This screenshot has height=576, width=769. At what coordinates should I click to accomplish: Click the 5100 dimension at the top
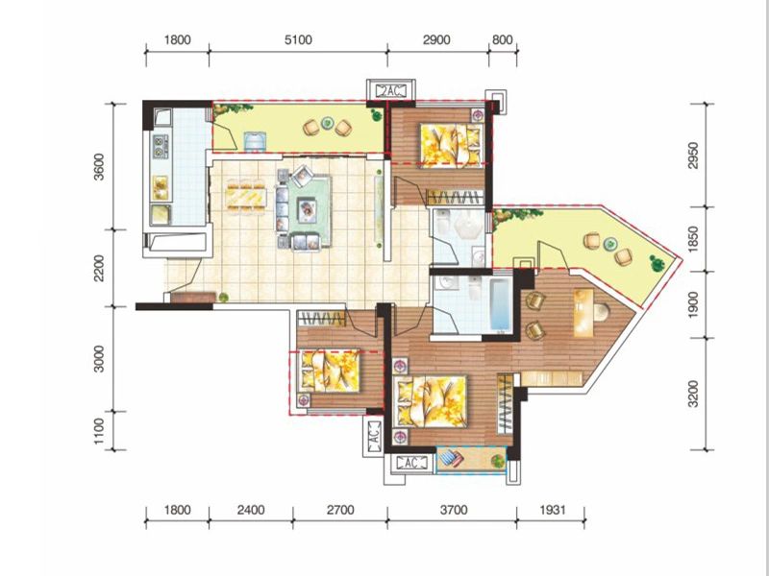click(x=298, y=39)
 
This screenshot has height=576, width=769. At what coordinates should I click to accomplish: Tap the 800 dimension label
click(x=502, y=39)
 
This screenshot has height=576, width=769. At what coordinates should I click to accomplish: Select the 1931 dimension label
click(x=553, y=510)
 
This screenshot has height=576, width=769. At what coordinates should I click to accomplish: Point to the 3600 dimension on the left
click(x=99, y=167)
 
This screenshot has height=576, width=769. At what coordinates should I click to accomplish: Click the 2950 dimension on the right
click(x=693, y=156)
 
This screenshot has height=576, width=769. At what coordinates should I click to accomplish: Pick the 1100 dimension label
click(x=99, y=431)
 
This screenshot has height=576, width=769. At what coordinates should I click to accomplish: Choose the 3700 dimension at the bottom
click(x=454, y=510)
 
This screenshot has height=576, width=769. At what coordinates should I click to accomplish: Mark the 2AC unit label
click(x=391, y=90)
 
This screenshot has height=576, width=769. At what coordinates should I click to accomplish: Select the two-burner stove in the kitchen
click(x=161, y=147)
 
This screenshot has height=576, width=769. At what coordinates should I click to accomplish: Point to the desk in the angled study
click(x=583, y=313)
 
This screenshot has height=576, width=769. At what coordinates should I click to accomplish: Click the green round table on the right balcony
click(x=609, y=243)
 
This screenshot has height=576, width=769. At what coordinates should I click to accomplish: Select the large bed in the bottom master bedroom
click(x=430, y=400)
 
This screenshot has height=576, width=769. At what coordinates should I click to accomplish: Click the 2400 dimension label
click(x=251, y=510)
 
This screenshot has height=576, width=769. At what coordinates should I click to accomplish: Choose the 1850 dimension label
click(x=693, y=238)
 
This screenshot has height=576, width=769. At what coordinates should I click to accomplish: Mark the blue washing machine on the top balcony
click(x=255, y=140)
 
